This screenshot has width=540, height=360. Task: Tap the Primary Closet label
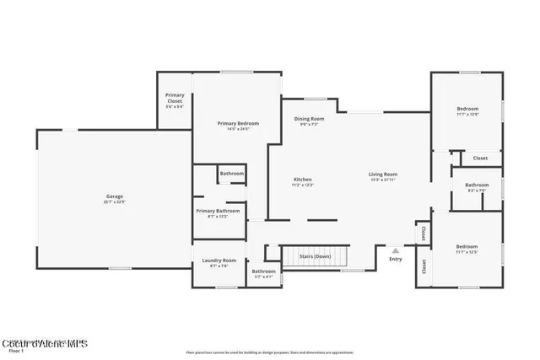175,98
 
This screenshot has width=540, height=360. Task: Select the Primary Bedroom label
238,124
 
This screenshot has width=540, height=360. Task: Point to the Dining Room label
309,119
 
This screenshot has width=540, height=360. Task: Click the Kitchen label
303,180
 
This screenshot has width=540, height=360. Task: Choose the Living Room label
384,175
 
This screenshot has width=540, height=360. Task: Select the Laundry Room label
219,261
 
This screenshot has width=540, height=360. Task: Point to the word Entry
396,260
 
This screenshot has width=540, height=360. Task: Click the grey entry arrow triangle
395,250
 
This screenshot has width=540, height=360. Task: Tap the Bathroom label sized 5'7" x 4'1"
263,271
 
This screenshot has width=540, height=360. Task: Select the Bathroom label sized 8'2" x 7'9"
477,185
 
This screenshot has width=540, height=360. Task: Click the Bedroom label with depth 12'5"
467,248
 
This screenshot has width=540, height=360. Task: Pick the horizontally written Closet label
479,158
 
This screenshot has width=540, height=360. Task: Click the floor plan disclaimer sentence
269,352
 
